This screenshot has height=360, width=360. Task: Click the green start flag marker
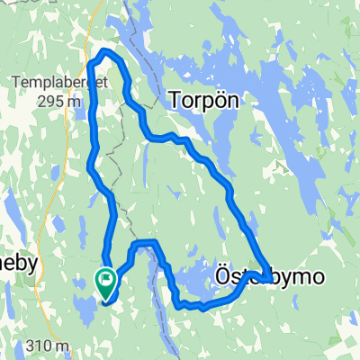(105, 283)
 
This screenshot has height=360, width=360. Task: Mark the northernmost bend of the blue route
(107, 51)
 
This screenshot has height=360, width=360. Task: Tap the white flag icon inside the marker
(106, 279)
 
